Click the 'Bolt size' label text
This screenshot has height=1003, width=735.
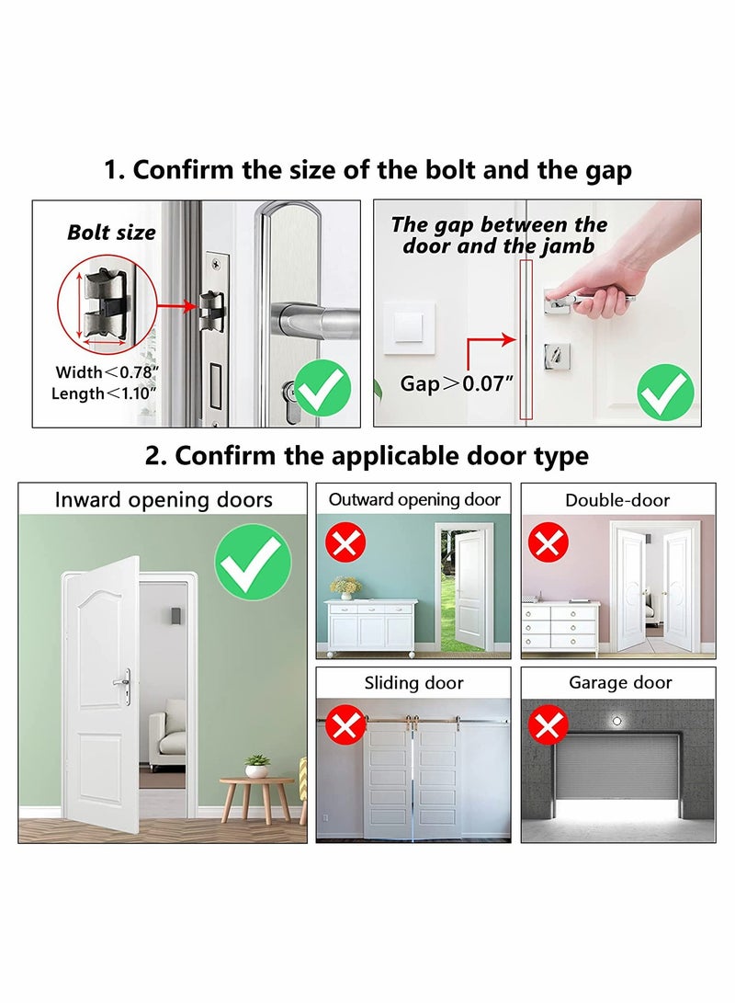(111, 233)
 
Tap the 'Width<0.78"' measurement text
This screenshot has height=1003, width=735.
(107, 372)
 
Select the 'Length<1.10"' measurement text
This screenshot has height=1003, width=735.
(105, 393)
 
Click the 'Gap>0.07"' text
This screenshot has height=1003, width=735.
(454, 383)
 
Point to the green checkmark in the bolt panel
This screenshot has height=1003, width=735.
(322, 388)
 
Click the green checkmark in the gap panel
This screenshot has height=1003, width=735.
(666, 392)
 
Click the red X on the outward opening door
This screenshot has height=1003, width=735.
(346, 543)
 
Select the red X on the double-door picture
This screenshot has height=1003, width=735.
(548, 543)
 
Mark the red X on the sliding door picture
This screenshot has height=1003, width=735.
(346, 726)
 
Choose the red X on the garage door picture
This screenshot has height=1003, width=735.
(548, 726)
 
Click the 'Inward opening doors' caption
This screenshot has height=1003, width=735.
(164, 500)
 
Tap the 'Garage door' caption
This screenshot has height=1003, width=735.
(620, 682)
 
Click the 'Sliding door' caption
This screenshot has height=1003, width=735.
(414, 683)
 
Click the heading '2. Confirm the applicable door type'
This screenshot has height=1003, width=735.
(367, 455)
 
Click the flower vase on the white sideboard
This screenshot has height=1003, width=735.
(345, 587)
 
